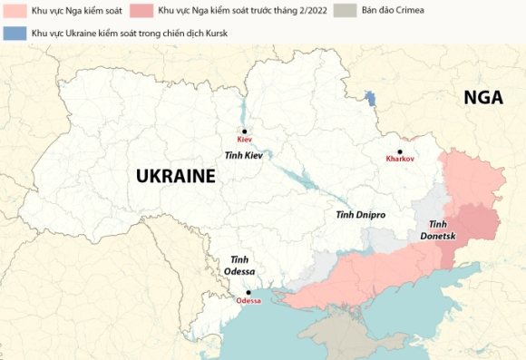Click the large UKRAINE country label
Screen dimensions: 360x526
[x=175, y=177]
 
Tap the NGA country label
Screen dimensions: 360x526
[x=482, y=98]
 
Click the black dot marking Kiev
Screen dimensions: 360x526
[x=244, y=131]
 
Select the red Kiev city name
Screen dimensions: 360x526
[x=244, y=141]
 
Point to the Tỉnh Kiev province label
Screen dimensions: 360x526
[x=243, y=157]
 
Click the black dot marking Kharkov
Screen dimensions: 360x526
[x=399, y=151]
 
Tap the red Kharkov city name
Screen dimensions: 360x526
[x=400, y=160]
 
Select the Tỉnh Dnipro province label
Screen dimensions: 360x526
[x=360, y=215]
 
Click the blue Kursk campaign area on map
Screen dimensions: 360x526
[x=369, y=98]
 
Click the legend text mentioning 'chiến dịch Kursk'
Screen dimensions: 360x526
[x=126, y=33]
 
